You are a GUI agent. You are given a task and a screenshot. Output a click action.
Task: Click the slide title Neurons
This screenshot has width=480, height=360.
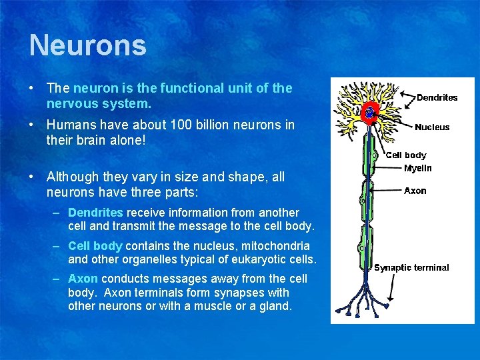pyautogui.click(x=87, y=45)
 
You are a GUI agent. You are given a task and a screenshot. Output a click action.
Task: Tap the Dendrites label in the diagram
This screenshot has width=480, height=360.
pyautogui.click(x=437, y=98)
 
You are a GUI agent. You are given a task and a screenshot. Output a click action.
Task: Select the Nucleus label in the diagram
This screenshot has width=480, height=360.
pyautogui.click(x=432, y=127)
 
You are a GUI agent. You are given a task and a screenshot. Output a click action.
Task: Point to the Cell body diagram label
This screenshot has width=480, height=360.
pyautogui.click(x=406, y=155)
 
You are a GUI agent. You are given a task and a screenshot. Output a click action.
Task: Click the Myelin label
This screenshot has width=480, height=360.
pyautogui.click(x=418, y=168)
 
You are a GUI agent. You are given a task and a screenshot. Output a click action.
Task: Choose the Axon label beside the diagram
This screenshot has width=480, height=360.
pyautogui.click(x=415, y=191)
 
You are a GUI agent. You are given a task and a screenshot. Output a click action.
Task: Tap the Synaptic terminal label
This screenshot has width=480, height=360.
pyautogui.click(x=411, y=268)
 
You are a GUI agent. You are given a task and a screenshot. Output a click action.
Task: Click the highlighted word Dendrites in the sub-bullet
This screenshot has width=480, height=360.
pyautogui.click(x=95, y=213)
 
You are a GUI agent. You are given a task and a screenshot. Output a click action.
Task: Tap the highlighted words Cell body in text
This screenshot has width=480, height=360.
pyautogui.click(x=95, y=246)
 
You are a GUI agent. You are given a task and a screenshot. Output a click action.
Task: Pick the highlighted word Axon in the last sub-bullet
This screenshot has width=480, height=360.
pyautogui.click(x=83, y=279)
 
